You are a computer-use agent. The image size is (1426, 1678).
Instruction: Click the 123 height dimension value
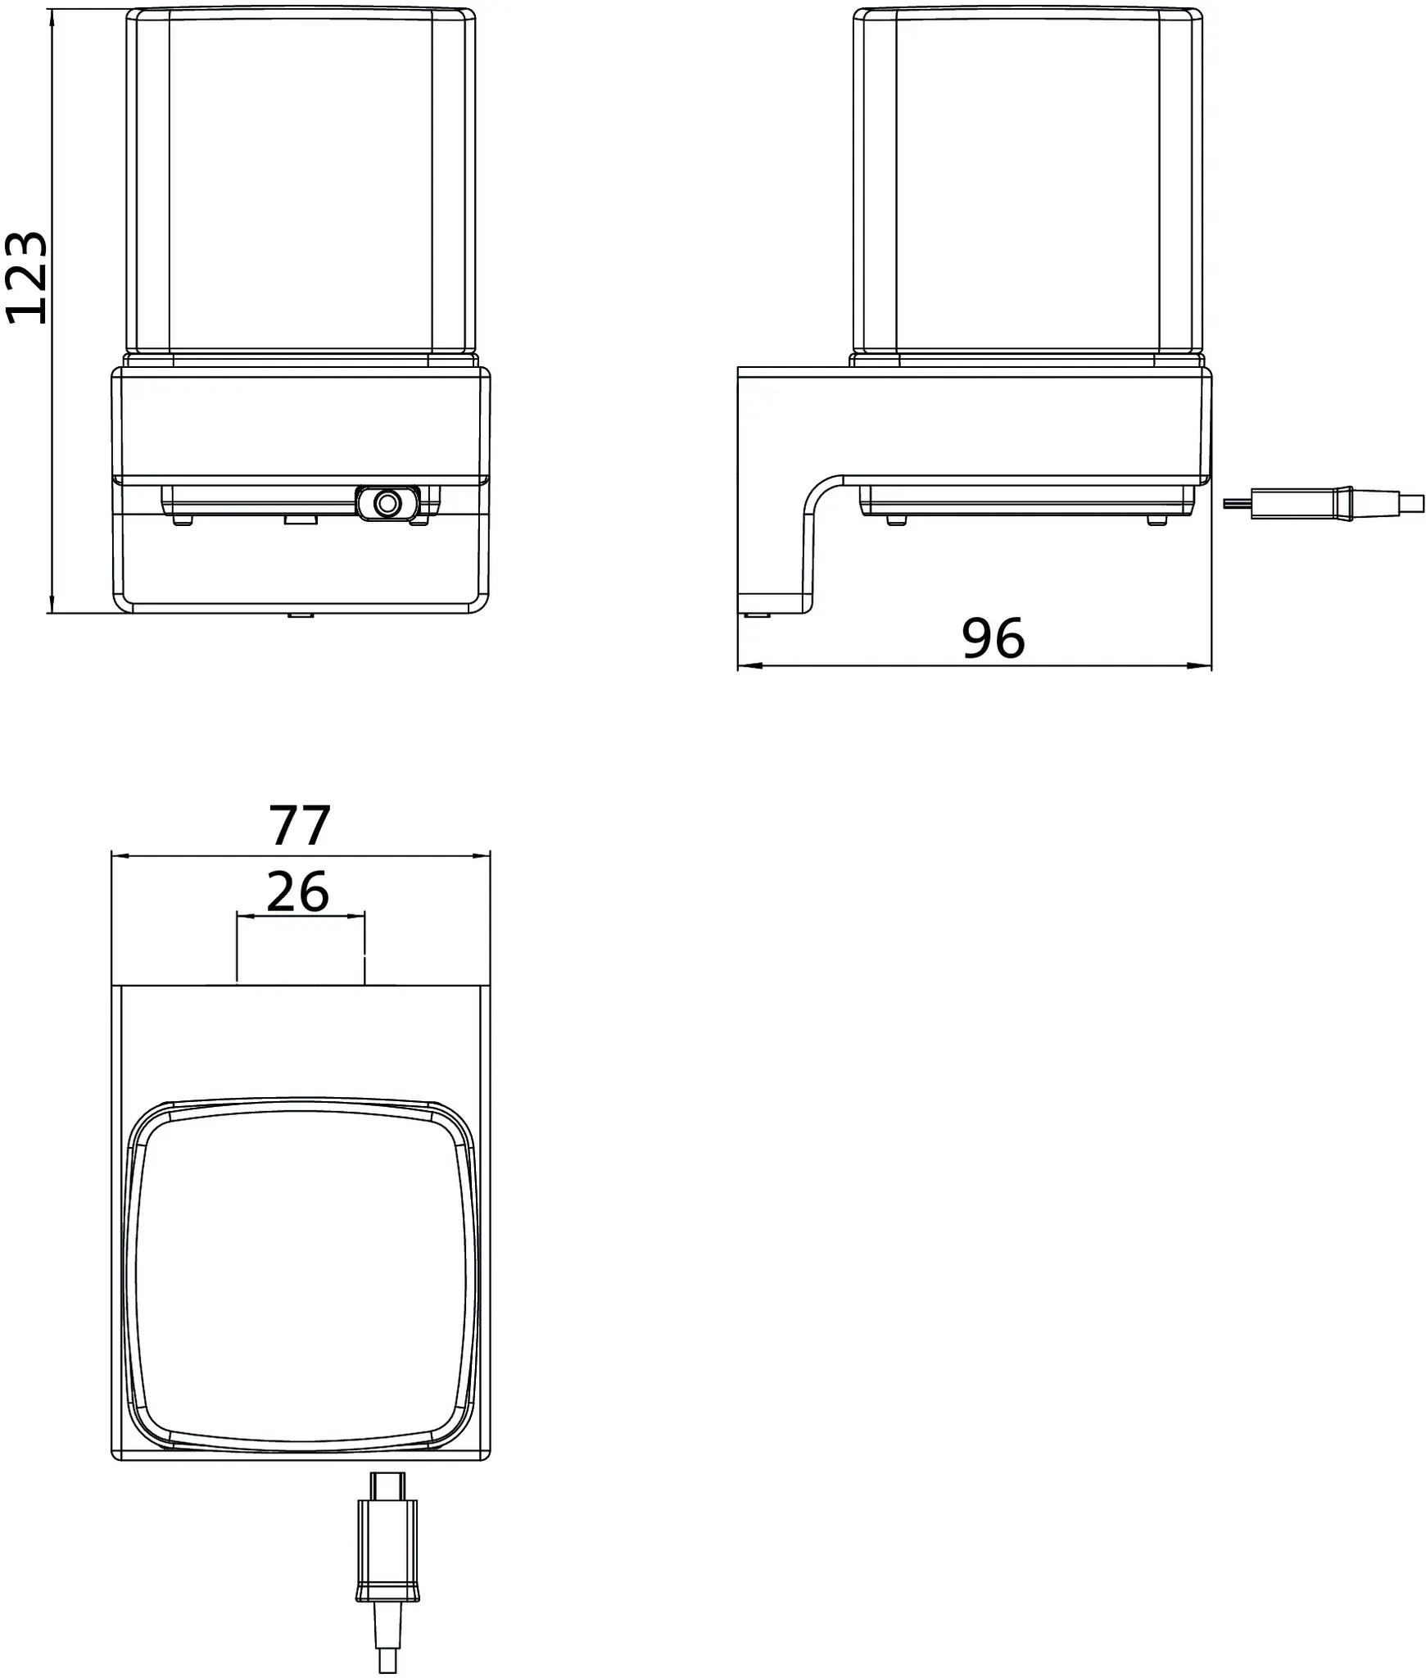pos(27,278)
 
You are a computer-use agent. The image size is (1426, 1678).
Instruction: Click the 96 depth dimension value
pos(993,638)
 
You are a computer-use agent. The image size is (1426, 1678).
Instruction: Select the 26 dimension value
pos(298,891)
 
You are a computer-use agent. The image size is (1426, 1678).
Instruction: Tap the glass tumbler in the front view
pos(301,185)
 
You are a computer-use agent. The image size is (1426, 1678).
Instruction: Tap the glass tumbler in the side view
pos(1028,185)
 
